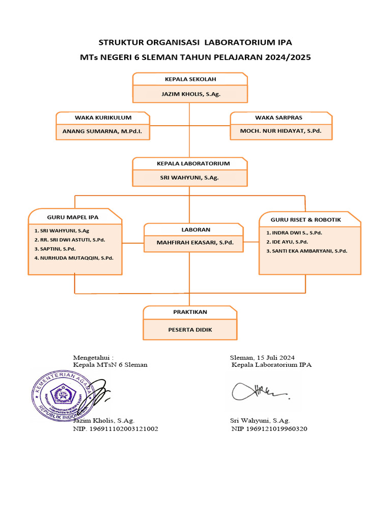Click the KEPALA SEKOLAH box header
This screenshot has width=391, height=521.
tap(190, 79)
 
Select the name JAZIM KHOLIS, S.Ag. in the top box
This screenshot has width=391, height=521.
tap(190, 94)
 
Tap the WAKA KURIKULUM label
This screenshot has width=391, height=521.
tap(103, 118)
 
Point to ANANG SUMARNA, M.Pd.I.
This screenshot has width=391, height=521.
tap(103, 131)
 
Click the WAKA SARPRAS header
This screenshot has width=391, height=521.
tap(282, 118)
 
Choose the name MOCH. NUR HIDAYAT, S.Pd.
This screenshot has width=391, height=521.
tap(281, 131)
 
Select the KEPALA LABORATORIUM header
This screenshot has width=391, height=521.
tap(190, 164)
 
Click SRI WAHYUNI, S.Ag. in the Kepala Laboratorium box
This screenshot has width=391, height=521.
tap(190, 178)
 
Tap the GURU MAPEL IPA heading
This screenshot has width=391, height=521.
tap(73, 217)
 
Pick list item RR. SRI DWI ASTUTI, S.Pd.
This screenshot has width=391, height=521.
tap(70, 240)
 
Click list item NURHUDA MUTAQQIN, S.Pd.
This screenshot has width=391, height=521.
tap(74, 258)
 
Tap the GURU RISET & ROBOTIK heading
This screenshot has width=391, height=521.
tap(305, 220)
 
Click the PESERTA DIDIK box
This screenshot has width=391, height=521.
tap(190, 330)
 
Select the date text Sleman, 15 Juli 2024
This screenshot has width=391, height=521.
tap(262, 358)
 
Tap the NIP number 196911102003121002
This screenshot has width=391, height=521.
tap(116, 429)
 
